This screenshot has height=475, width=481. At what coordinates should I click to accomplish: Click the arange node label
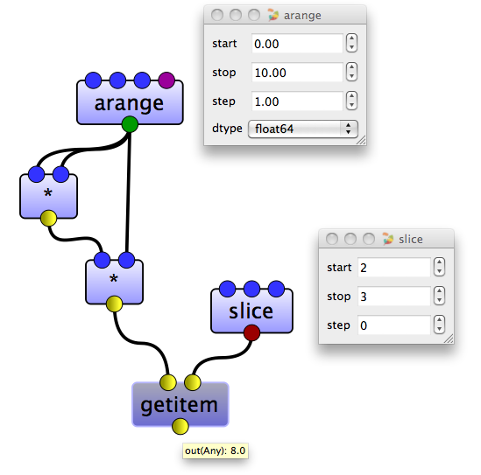[129, 104]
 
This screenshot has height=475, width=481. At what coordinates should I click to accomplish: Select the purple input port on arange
[166, 80]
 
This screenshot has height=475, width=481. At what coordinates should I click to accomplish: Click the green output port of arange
[130, 124]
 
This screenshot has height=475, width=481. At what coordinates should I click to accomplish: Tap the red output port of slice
[251, 332]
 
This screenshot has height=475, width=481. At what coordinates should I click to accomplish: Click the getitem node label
[179, 406]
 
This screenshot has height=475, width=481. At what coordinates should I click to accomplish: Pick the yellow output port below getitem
[180, 426]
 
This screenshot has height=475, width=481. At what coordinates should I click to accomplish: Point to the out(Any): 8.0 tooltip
[216, 451]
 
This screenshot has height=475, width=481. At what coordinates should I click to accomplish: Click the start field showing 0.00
[297, 44]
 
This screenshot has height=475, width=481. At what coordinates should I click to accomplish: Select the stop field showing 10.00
[297, 73]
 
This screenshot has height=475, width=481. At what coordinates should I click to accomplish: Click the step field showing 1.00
[297, 101]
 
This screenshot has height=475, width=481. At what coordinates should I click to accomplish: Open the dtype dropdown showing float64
[303, 129]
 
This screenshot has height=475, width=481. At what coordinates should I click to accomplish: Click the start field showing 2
[394, 268]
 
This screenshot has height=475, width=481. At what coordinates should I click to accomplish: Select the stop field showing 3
[394, 297]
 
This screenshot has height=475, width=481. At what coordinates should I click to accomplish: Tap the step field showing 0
[394, 325]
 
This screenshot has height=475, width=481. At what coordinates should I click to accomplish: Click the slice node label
[251, 311]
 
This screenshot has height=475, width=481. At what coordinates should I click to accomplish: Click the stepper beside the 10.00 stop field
[351, 72]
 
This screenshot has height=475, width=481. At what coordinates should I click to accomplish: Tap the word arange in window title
[302, 16]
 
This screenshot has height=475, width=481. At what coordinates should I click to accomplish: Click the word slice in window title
[411, 239]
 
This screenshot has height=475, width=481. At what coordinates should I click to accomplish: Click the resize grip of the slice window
[449, 339]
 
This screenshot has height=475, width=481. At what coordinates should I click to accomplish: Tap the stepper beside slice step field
[439, 325]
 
